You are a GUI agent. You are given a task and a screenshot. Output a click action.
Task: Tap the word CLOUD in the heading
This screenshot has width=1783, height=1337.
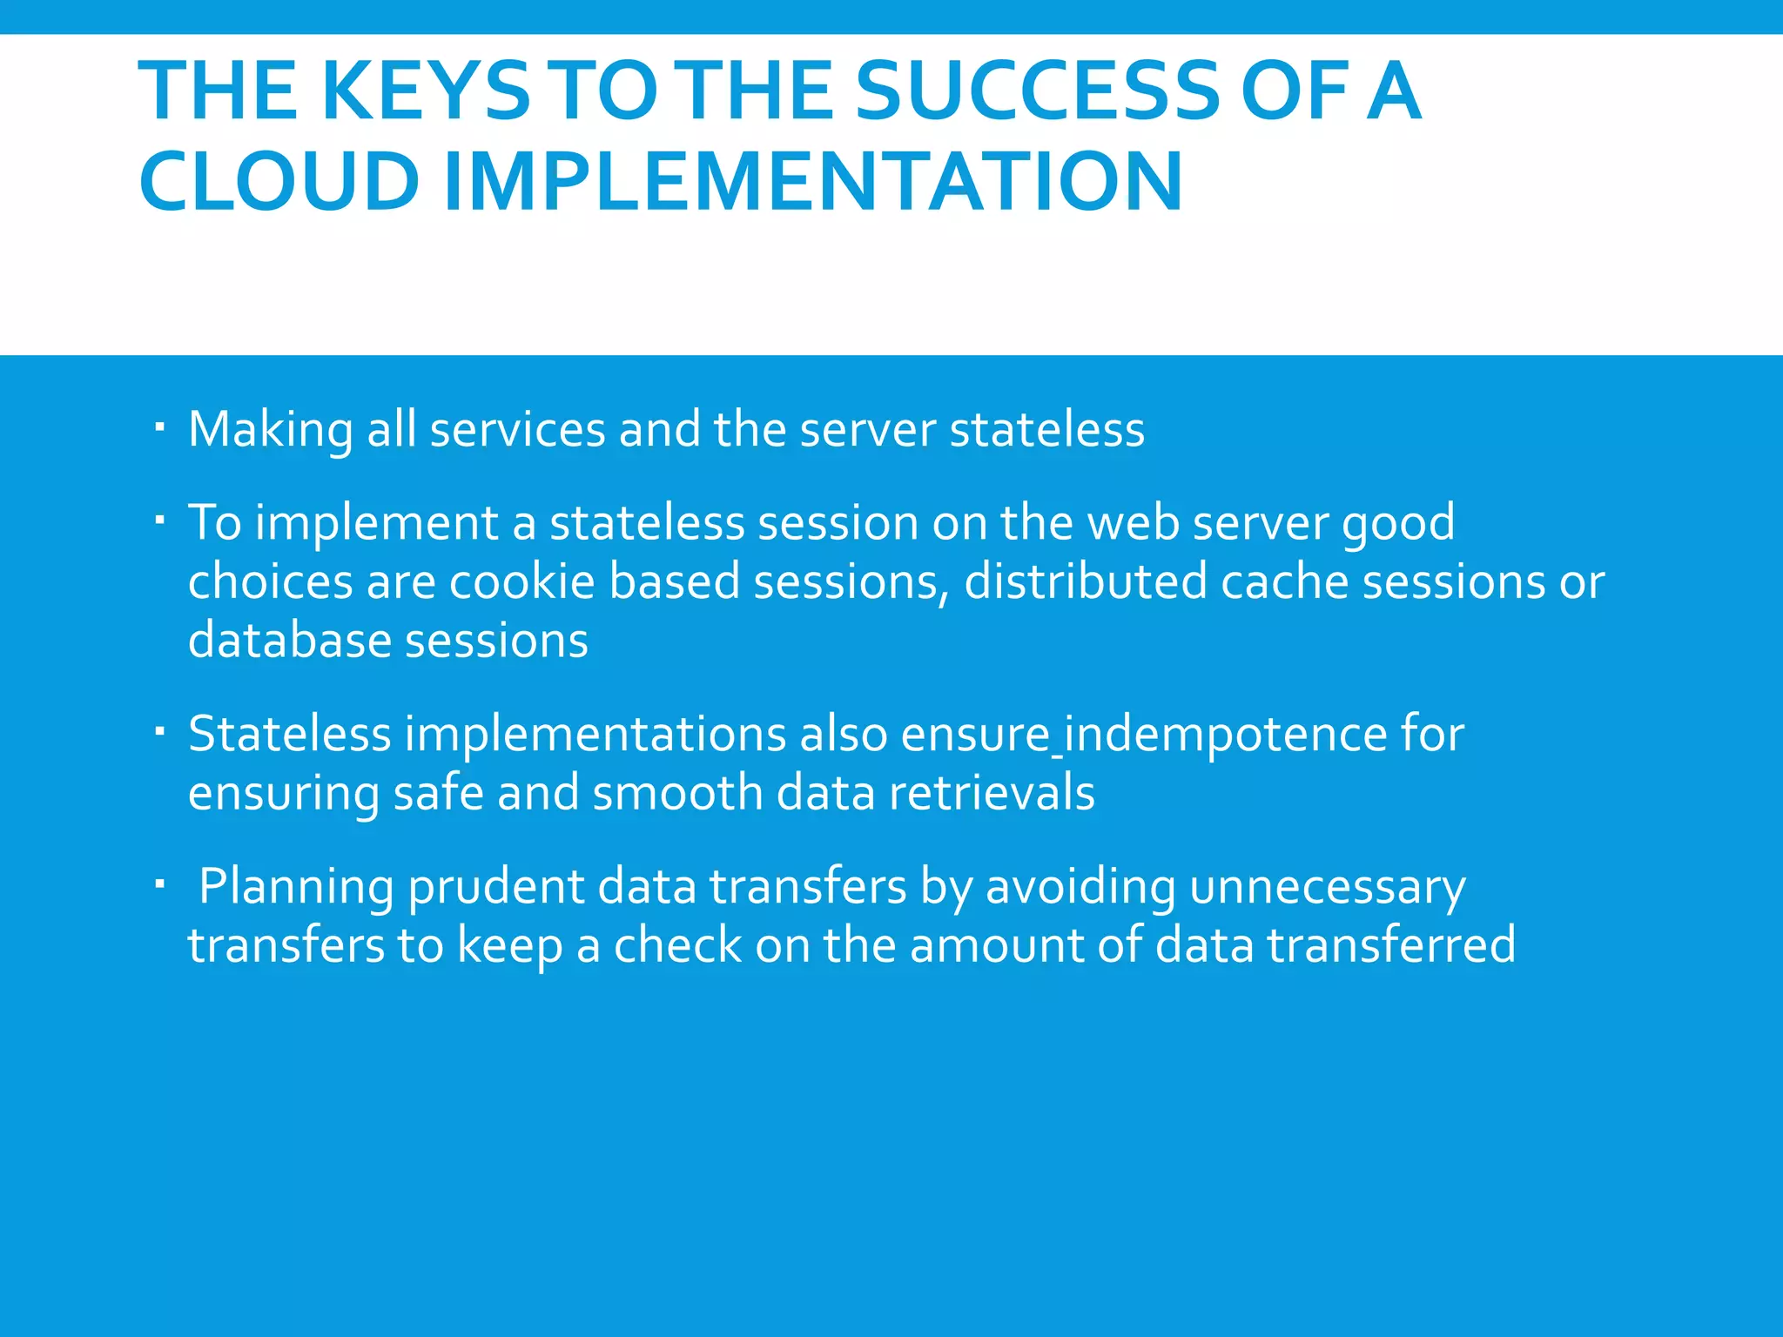[279, 182]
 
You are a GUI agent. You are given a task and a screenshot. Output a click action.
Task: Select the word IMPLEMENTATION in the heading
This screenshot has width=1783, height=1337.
[813, 182]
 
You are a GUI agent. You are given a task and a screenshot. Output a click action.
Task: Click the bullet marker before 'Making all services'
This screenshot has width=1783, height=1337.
[159, 427]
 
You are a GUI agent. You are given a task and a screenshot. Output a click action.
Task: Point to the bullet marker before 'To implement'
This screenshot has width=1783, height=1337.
[159, 521]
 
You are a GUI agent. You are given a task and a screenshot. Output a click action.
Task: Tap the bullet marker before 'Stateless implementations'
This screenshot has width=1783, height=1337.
[159, 731]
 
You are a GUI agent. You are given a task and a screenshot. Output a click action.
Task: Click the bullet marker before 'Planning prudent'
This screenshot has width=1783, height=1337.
[159, 884]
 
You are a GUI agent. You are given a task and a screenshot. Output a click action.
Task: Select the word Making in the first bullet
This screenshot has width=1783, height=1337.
[270, 431]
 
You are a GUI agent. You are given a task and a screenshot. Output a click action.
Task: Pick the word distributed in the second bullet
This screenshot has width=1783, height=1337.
[1085, 581]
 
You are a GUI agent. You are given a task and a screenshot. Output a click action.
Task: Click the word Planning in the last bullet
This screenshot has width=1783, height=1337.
[296, 889]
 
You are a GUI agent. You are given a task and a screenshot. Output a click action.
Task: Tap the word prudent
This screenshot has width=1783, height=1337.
[495, 889]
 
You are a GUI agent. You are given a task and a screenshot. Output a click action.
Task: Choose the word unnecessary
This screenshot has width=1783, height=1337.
[1327, 889]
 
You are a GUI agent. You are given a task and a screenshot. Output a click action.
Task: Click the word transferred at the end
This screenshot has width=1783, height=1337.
[1390, 946]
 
